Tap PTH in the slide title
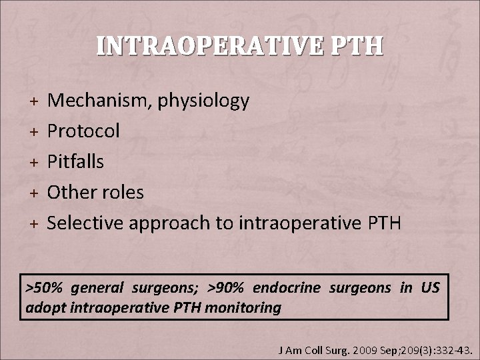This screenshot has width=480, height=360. click(x=361, y=46)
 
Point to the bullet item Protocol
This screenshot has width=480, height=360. click(x=84, y=131)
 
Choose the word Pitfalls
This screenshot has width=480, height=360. click(x=76, y=161)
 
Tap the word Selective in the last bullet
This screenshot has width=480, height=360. click(x=88, y=223)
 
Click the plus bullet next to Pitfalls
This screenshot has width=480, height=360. click(x=33, y=162)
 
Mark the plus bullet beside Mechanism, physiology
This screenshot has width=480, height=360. click(x=33, y=101)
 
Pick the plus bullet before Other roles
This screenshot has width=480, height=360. click(x=33, y=193)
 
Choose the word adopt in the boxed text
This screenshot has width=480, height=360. click(x=42, y=309)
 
